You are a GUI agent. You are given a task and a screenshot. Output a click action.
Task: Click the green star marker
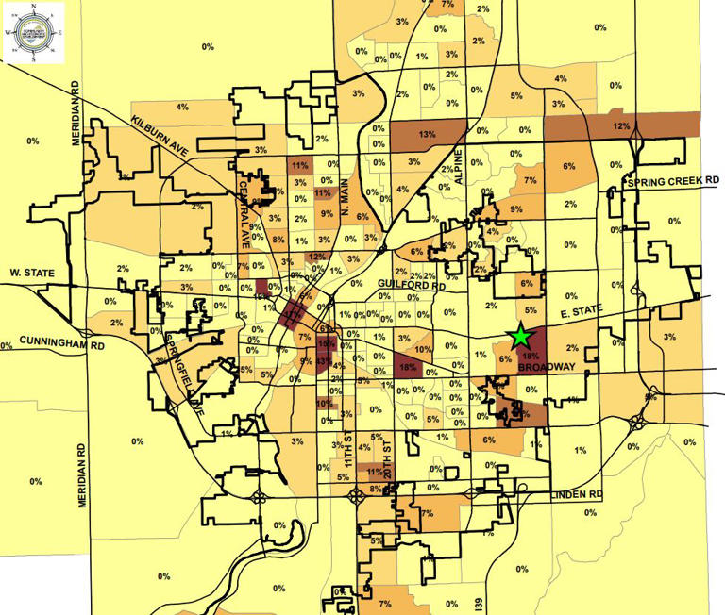click(x=518, y=335)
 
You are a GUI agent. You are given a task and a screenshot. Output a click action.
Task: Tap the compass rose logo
click(x=34, y=32)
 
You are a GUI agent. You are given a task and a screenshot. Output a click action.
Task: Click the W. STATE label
click(x=28, y=273)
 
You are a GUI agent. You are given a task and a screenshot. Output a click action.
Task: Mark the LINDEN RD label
click(x=576, y=494)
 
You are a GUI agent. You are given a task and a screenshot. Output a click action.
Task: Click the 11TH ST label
click(x=347, y=455)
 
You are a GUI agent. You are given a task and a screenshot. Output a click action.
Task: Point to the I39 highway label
click(x=480, y=603)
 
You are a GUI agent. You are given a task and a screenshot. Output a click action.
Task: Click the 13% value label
click(x=427, y=135)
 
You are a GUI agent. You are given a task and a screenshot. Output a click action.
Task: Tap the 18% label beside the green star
click(x=530, y=357)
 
